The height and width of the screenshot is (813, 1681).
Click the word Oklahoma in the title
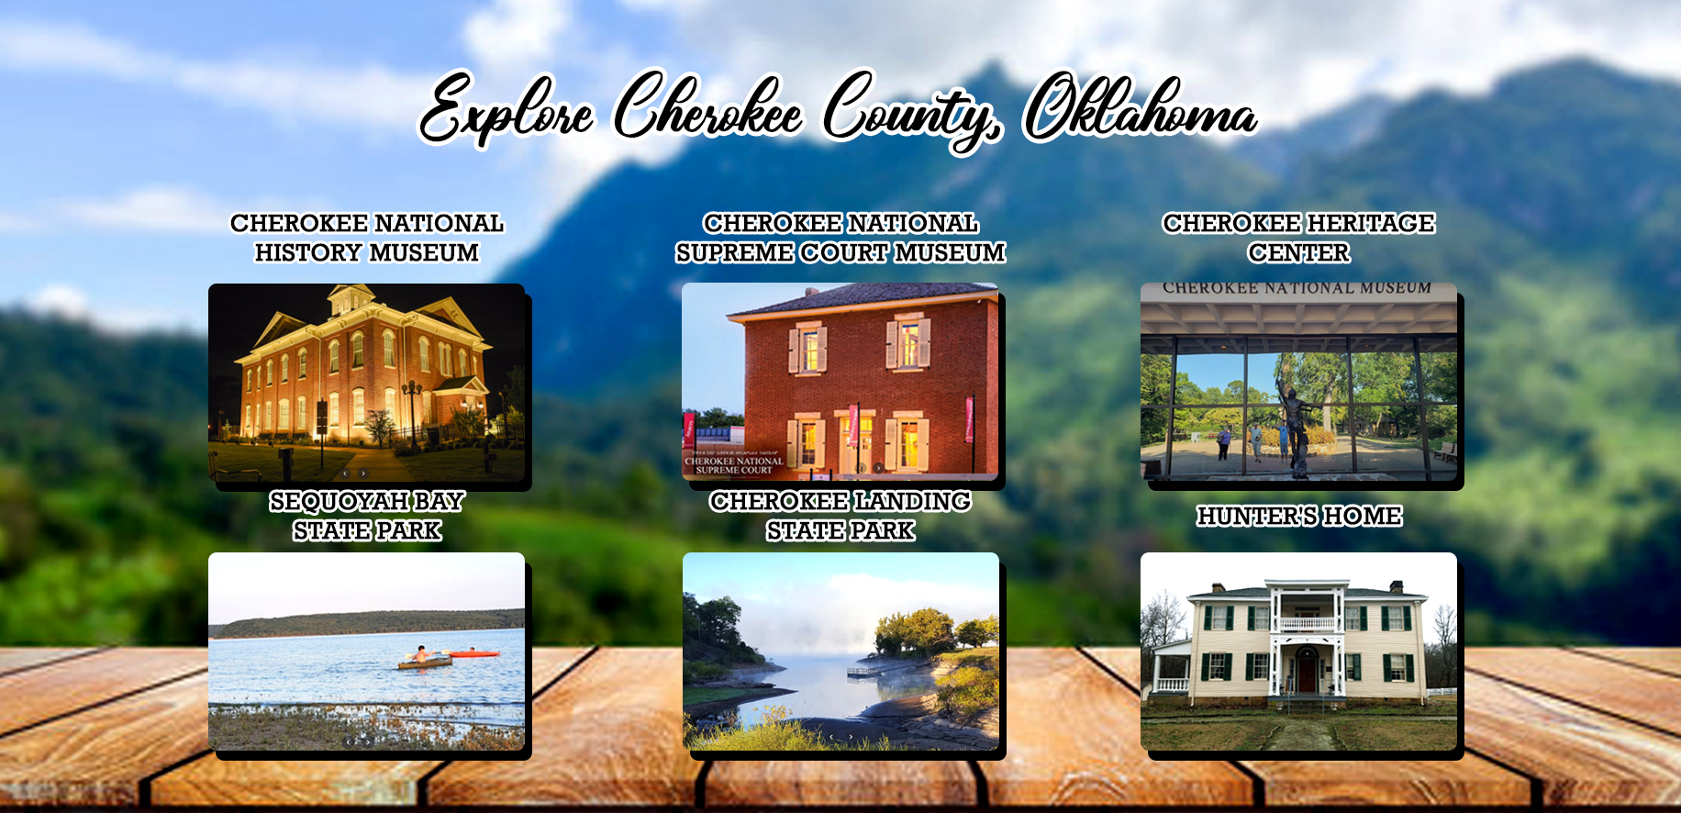[1140, 107]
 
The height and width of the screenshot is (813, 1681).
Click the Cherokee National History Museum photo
[367, 383]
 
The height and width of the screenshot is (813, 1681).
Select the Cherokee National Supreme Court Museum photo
[840, 382]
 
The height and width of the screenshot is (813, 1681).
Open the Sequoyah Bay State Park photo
[367, 652]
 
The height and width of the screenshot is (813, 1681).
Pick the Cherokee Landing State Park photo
[840, 652]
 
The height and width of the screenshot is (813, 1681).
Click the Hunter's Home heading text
[1299, 516]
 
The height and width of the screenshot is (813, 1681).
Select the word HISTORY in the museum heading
[309, 252]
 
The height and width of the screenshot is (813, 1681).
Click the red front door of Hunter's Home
[1307, 673]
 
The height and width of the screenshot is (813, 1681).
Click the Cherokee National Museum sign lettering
[1297, 288]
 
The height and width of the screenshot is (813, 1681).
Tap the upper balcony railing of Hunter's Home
[1307, 624]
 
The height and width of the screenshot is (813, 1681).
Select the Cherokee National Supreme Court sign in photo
[734, 465]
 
